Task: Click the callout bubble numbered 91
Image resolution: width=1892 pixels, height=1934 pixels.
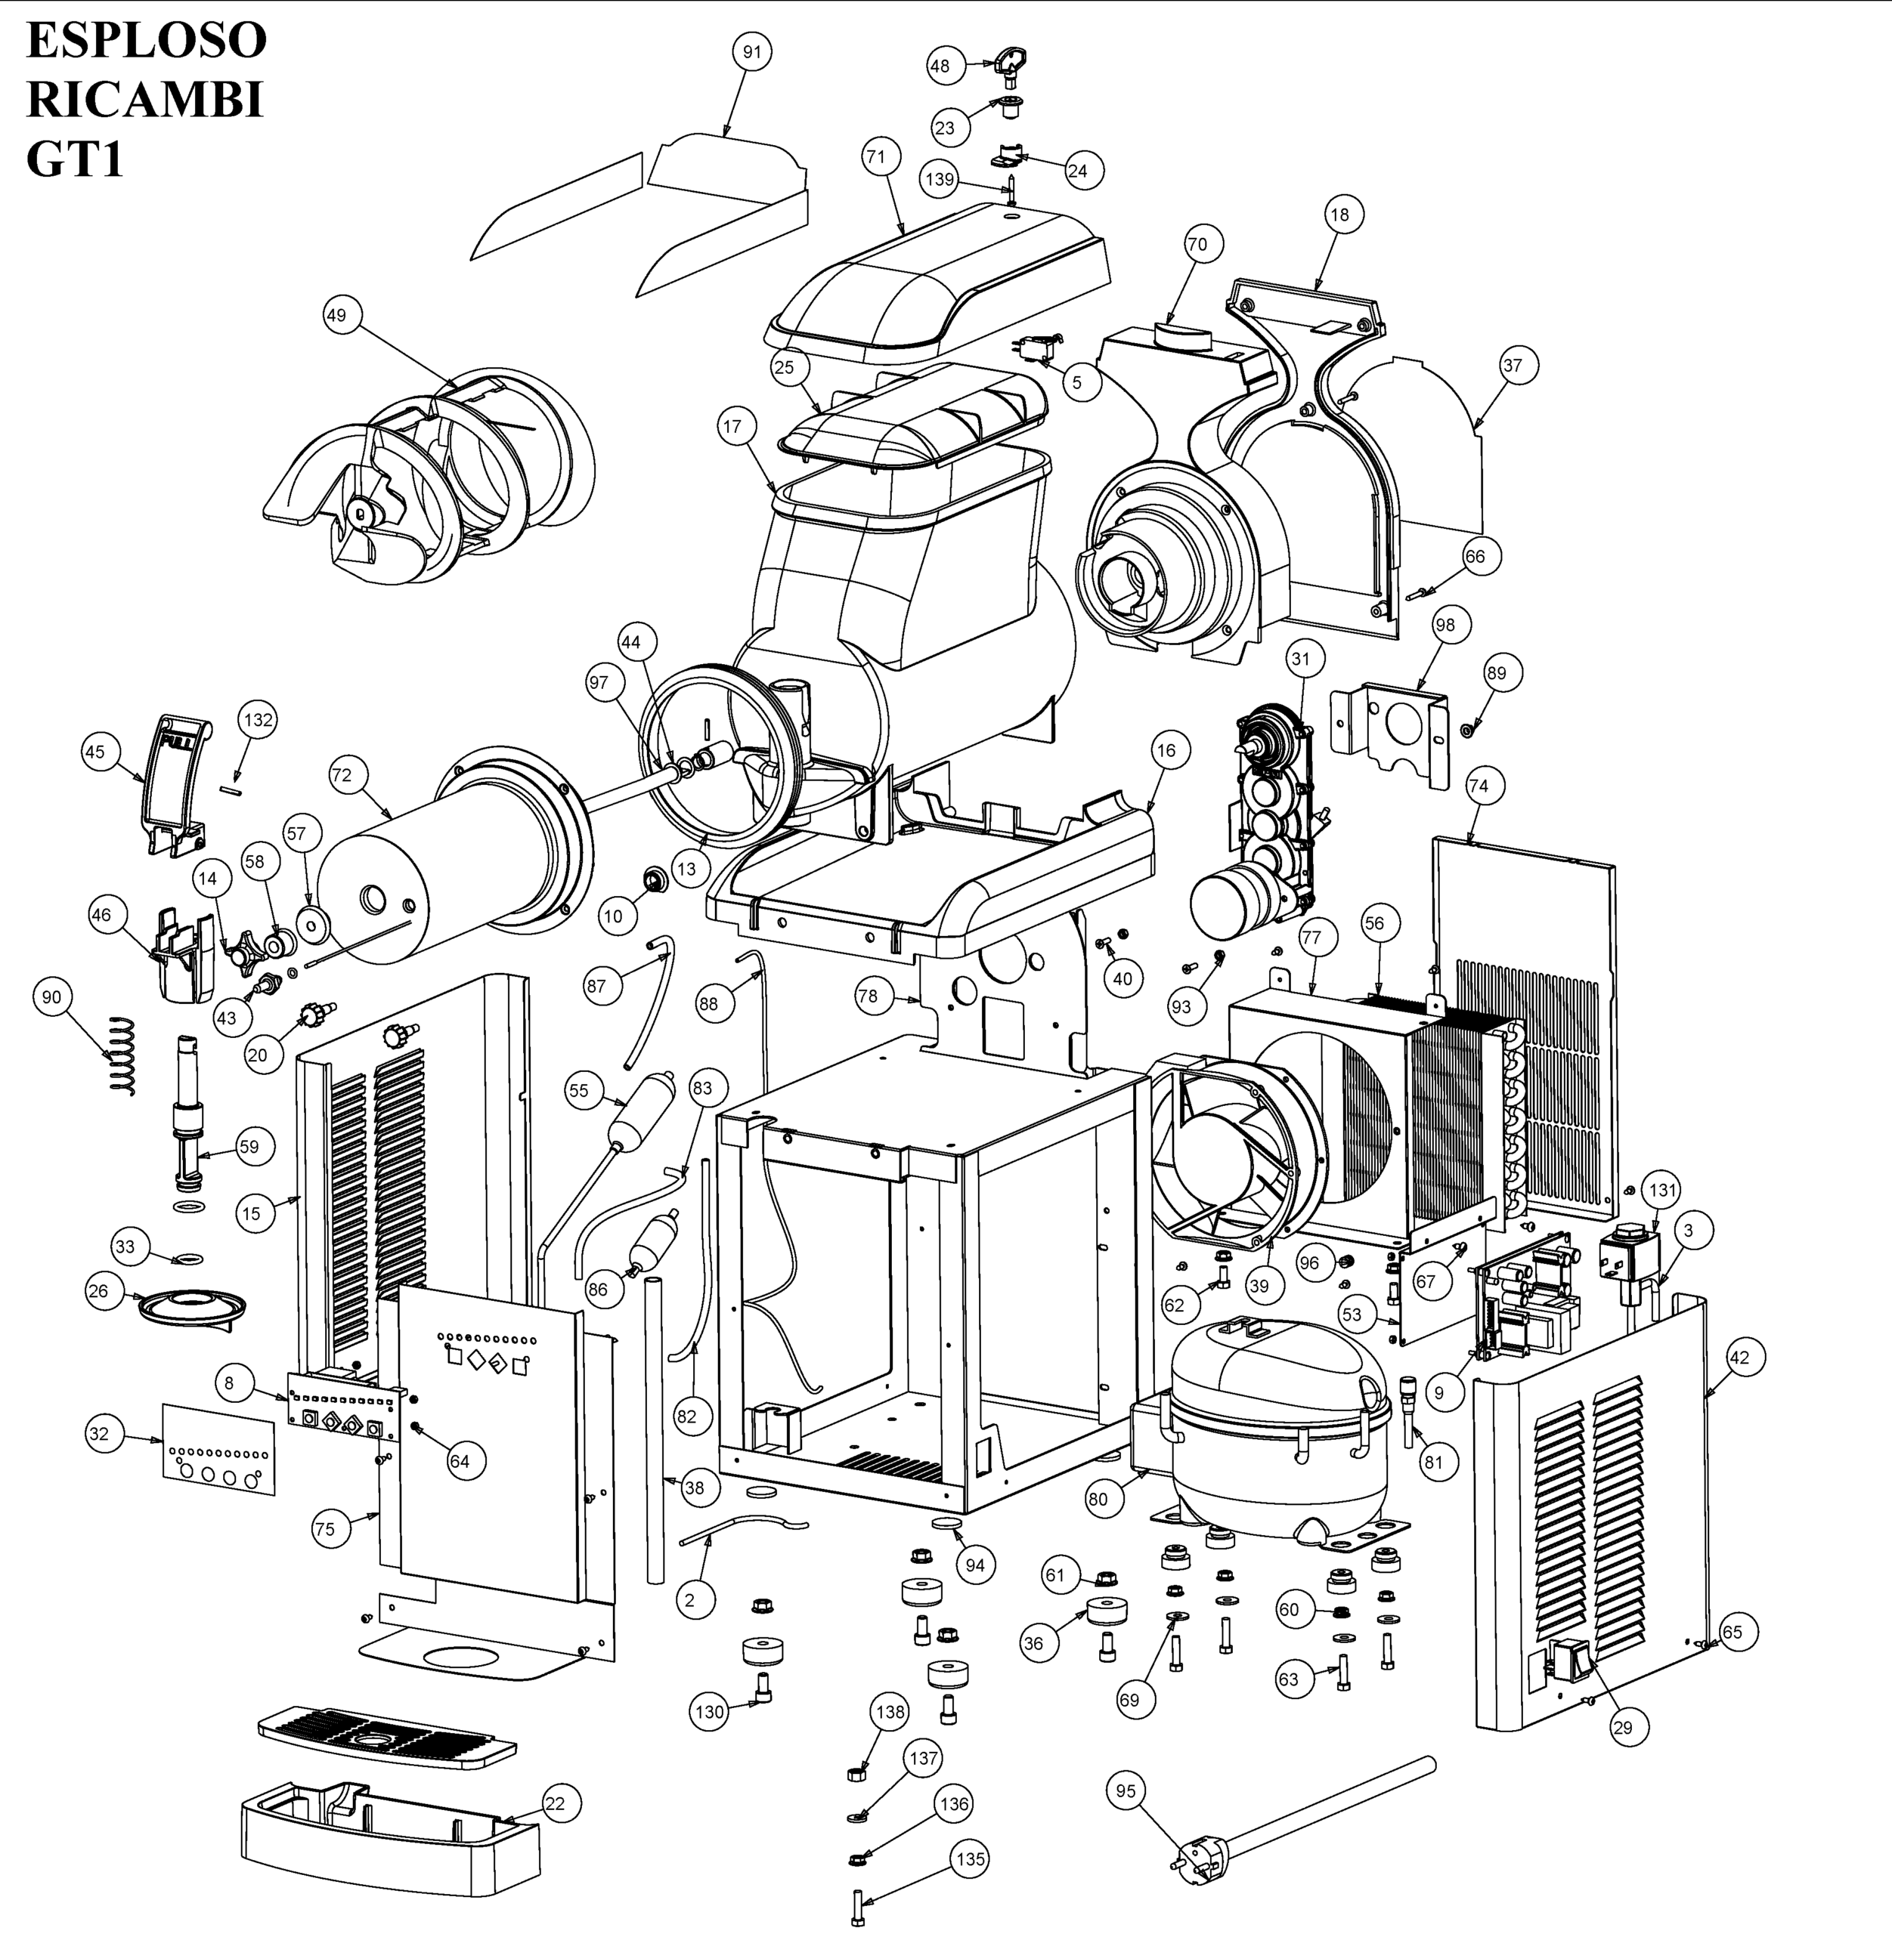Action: [751, 51]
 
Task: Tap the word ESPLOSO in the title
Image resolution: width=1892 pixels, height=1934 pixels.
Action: [146, 41]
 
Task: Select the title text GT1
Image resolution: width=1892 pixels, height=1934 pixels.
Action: [76, 159]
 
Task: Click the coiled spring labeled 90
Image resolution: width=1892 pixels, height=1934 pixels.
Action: [120, 1056]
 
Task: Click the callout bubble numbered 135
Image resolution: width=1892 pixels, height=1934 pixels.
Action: [970, 1858]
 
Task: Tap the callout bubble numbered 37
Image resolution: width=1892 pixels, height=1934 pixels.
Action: [1513, 366]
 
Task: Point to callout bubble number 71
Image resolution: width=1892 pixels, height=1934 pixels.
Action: [875, 156]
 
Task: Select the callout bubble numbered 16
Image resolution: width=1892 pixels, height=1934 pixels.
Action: [1166, 750]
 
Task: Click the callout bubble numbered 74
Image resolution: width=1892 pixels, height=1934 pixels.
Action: [1479, 786]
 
